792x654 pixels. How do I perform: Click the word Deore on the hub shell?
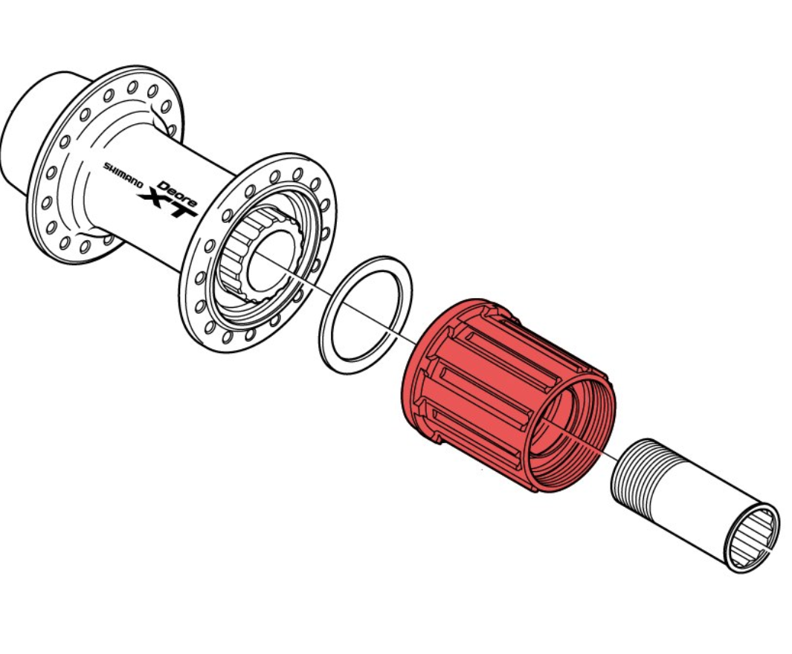(x=177, y=194)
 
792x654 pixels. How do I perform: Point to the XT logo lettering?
(x=167, y=204)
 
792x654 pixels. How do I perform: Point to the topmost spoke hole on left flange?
(x=132, y=87)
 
